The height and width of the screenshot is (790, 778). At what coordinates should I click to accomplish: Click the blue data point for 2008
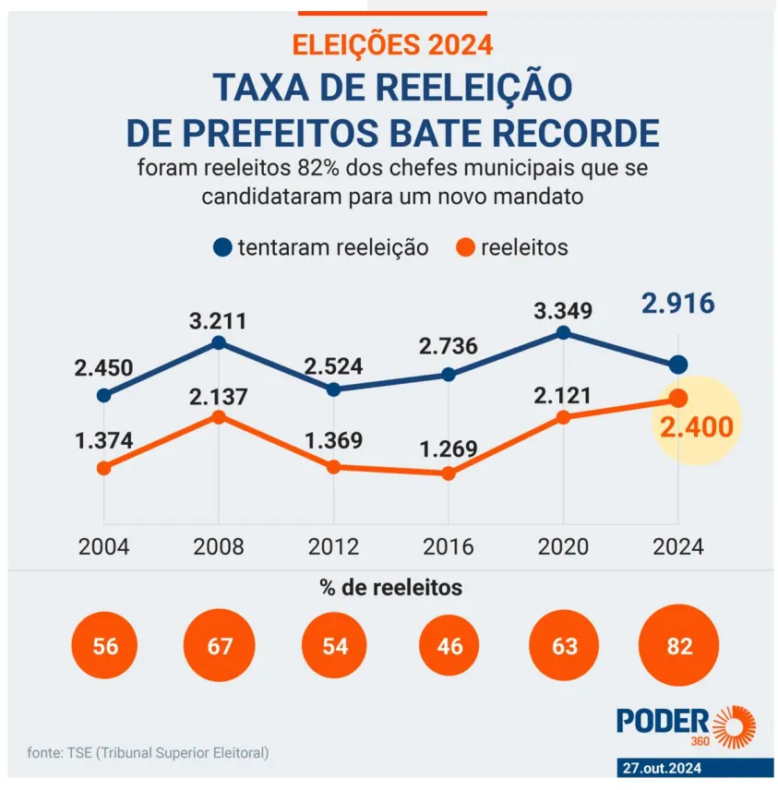click(219, 342)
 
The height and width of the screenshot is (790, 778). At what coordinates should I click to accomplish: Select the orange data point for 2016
click(449, 473)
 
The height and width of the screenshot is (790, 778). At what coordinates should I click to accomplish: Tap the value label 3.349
click(563, 310)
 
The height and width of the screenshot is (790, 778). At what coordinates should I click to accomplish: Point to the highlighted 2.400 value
click(696, 427)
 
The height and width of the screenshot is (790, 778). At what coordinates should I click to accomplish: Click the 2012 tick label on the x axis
click(333, 546)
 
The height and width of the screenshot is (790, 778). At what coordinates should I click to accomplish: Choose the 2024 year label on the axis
click(677, 546)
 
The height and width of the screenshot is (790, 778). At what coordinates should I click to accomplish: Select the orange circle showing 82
click(678, 646)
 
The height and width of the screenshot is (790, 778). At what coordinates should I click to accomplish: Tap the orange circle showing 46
click(449, 646)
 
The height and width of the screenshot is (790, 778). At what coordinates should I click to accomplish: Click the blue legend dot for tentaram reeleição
click(222, 247)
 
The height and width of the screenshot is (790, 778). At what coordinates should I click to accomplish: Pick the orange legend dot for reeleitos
click(466, 247)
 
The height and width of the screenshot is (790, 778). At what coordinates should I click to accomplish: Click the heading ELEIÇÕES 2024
click(392, 43)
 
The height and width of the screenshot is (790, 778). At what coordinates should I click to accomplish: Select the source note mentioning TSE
click(149, 753)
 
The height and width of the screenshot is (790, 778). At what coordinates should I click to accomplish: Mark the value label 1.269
click(449, 449)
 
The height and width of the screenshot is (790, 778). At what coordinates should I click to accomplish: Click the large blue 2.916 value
click(677, 304)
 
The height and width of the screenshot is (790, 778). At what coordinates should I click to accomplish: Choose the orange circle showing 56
click(105, 646)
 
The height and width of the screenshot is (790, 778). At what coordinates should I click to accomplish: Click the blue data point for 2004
click(103, 395)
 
